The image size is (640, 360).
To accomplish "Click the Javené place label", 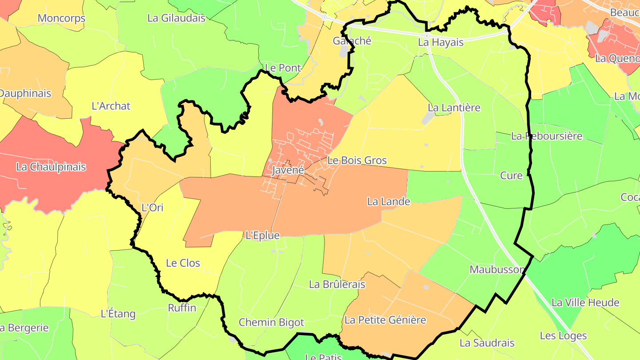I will (x=288, y=170).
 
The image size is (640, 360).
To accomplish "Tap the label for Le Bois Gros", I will (x=357, y=160).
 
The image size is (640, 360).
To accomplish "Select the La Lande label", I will (x=388, y=202).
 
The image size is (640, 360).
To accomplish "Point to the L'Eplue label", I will (x=263, y=236).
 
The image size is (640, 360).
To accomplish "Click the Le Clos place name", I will (x=183, y=263).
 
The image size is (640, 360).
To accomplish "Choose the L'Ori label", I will (x=152, y=208).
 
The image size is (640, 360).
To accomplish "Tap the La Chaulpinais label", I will (x=51, y=167).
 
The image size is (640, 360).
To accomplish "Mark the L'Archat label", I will (x=111, y=106).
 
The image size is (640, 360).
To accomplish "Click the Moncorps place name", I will (x=61, y=19).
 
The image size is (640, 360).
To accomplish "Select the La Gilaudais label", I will (x=176, y=18).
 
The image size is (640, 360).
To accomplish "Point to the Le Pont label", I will (x=283, y=68).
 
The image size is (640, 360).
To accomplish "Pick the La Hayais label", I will (x=441, y=43).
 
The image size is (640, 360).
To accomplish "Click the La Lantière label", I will (x=454, y=108).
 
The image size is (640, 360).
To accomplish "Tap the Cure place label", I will (x=512, y=176).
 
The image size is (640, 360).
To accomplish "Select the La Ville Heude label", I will (x=585, y=303).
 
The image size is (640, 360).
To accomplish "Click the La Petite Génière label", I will (x=385, y=320).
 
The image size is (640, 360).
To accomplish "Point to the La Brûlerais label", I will (x=337, y=284).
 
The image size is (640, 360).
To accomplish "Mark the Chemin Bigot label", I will (x=272, y=323).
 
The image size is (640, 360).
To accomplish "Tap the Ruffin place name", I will (x=182, y=308).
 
